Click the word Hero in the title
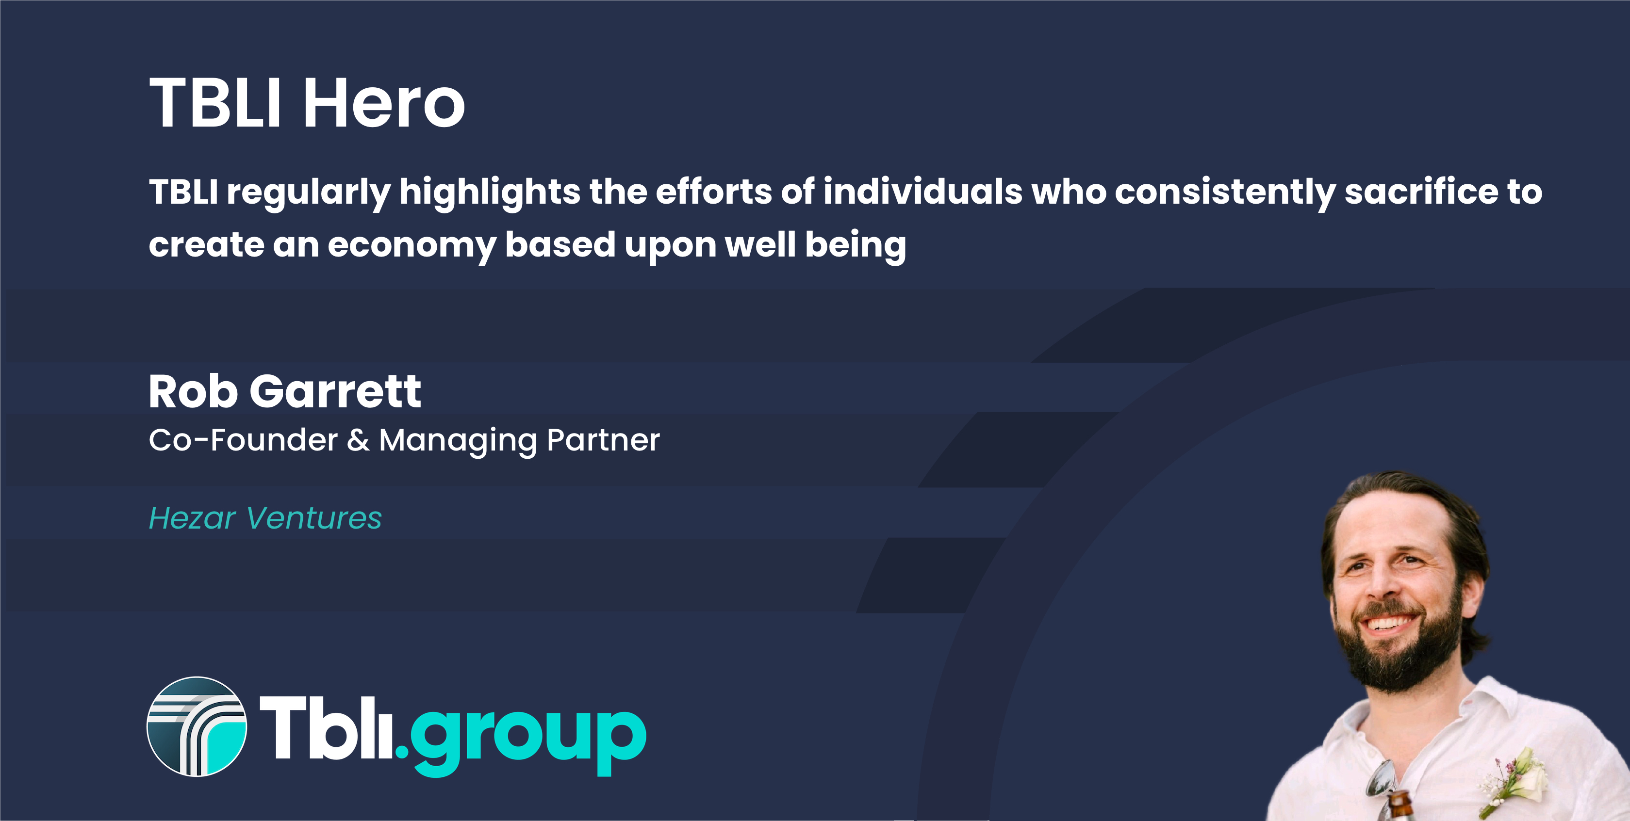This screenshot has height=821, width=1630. click(384, 102)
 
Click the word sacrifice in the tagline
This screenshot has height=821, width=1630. click(1420, 191)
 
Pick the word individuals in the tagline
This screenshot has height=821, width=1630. click(922, 191)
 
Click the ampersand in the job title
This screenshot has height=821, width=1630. click(358, 440)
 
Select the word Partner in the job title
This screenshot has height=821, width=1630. click(603, 440)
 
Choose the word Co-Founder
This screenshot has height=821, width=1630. click(244, 440)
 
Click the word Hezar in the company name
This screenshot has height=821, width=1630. click(192, 519)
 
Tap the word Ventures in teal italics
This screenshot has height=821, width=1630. click(314, 519)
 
